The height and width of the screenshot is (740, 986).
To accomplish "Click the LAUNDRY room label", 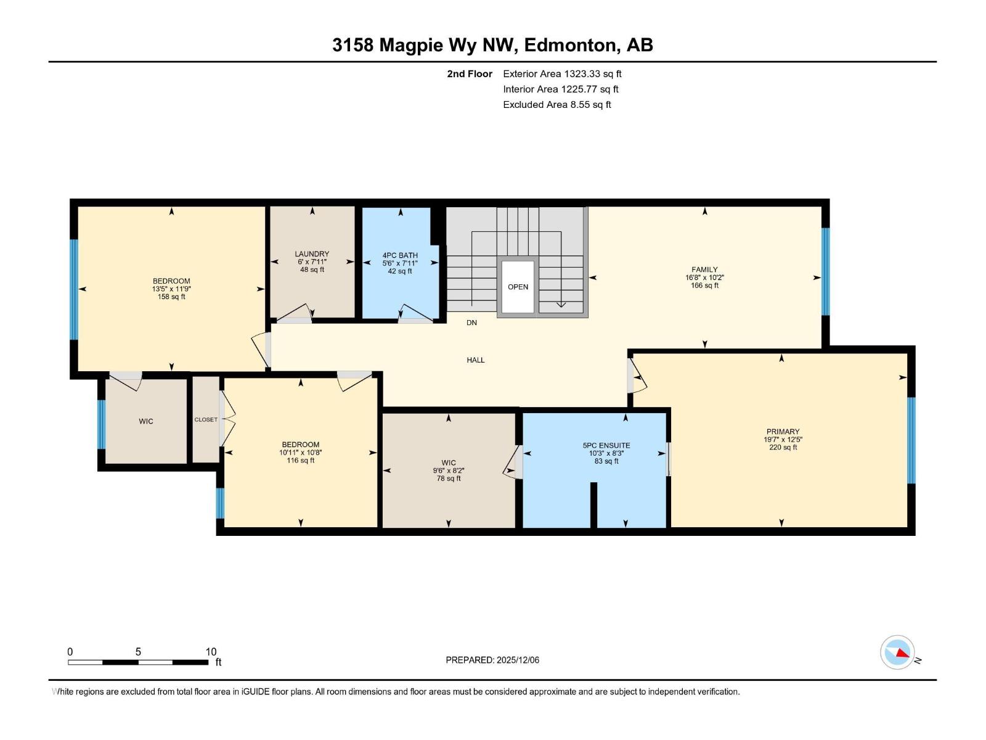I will coord(312,253).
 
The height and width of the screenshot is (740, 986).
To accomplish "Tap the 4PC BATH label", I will coord(400,255).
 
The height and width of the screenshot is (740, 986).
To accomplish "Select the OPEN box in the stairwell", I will coord(518,287).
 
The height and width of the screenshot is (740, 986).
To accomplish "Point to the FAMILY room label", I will coord(704,269).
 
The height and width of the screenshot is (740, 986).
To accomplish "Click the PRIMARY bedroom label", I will coord(783,432).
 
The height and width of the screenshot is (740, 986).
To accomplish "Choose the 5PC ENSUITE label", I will coord(606,445).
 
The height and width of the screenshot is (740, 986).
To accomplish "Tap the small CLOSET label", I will coord(206,419).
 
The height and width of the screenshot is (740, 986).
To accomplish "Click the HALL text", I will coord(475,360).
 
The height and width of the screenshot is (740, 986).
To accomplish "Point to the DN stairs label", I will coord(471,323).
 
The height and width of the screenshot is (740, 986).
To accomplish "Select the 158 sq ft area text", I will coord(171,297).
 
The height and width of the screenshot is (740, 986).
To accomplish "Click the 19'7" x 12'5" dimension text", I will coord(783,440).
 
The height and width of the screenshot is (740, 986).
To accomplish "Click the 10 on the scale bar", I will coord(211,652).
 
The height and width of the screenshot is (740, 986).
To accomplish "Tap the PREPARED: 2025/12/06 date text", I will coord(492,660).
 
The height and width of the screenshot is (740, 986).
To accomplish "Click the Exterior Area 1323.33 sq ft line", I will coord(562,73).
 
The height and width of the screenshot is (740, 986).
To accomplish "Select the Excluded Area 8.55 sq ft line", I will coord(556,104).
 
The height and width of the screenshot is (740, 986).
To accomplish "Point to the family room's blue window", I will coord(825,271).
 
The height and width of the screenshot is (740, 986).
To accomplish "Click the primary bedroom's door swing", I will coord(637,377).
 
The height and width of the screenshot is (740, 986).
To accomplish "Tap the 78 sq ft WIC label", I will coord(449,479).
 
